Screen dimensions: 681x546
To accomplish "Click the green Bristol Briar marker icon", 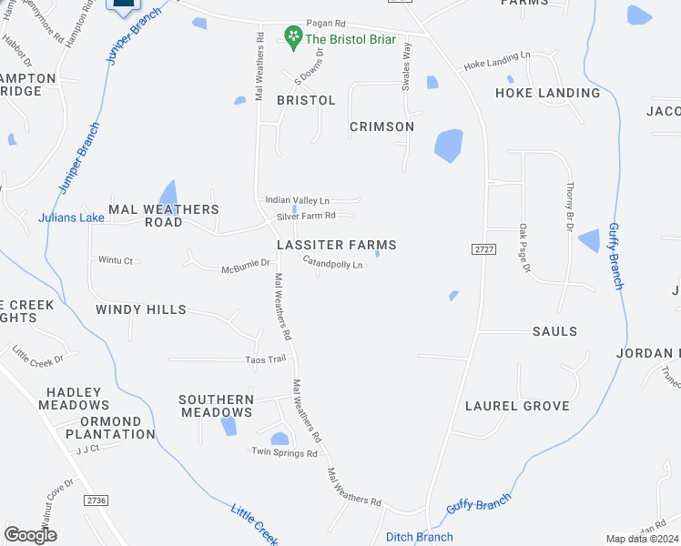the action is tap(293, 37).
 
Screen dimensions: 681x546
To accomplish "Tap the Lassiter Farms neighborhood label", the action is tap(337, 245).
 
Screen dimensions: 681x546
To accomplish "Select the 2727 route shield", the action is tap(483, 249).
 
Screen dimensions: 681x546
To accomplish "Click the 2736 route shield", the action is tap(95, 500).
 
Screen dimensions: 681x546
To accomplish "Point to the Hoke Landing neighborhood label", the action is tap(547, 93).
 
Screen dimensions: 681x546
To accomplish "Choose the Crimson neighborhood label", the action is tap(381, 126).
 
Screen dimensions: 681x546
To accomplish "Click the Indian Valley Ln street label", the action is tap(298, 200).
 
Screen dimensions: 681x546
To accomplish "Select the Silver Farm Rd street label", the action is tap(307, 216).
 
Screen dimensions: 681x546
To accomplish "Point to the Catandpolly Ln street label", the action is tap(333, 264).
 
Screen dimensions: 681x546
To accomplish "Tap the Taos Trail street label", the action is tap(266, 359).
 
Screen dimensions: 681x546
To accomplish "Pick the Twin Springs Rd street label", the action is tap(285, 452).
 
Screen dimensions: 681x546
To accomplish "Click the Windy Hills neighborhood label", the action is tap(141, 309).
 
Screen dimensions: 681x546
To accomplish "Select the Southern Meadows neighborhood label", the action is tap(216, 406).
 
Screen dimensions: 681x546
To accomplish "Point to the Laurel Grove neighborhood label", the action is tap(517, 406).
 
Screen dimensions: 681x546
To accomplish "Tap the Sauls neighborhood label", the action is tap(554, 331).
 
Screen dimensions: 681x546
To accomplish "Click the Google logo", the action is tap(30, 535).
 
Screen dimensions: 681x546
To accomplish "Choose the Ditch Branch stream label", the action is tap(420, 537).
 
